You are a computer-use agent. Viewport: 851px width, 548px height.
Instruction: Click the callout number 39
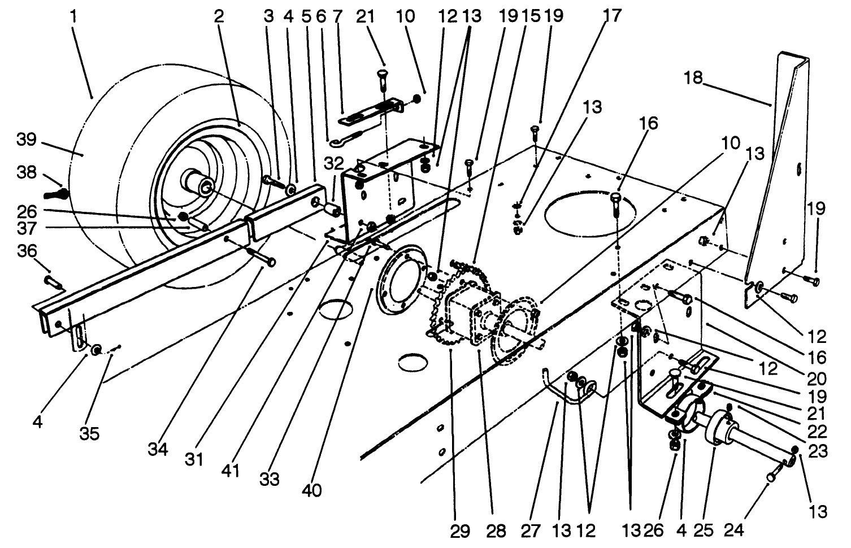26,140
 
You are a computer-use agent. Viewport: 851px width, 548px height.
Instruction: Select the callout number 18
693,77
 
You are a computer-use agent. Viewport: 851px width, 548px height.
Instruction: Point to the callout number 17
612,15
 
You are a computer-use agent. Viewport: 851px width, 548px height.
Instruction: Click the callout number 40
311,490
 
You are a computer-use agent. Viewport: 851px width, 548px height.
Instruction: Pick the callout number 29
460,531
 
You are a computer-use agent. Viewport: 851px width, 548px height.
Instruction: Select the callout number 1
73,16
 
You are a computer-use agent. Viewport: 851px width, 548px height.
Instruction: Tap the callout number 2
218,16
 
